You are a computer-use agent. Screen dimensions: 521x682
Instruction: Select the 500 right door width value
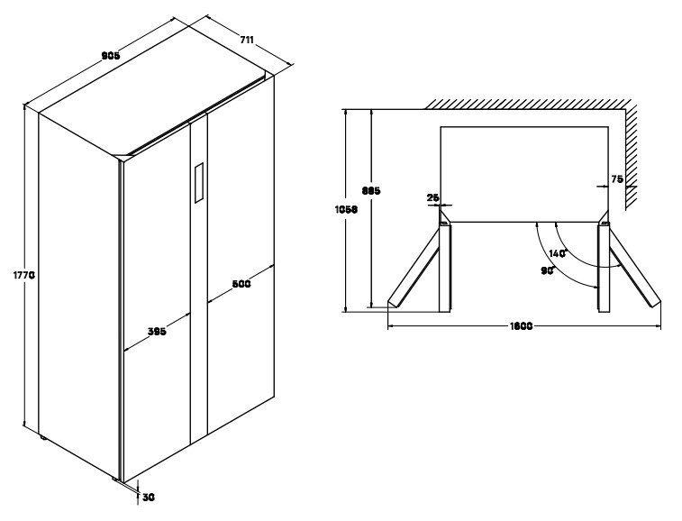coord(241,284)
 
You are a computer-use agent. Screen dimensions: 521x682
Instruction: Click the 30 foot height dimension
coord(150,495)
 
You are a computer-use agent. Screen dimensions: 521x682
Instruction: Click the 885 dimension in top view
coord(370,190)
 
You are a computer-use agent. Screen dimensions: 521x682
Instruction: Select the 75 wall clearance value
coord(617,179)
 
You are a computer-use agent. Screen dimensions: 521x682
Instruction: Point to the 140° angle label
coord(558,253)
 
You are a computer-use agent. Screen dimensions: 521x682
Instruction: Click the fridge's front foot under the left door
coord(118,480)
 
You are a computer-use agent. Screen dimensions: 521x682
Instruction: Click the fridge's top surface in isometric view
coord(153,99)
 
